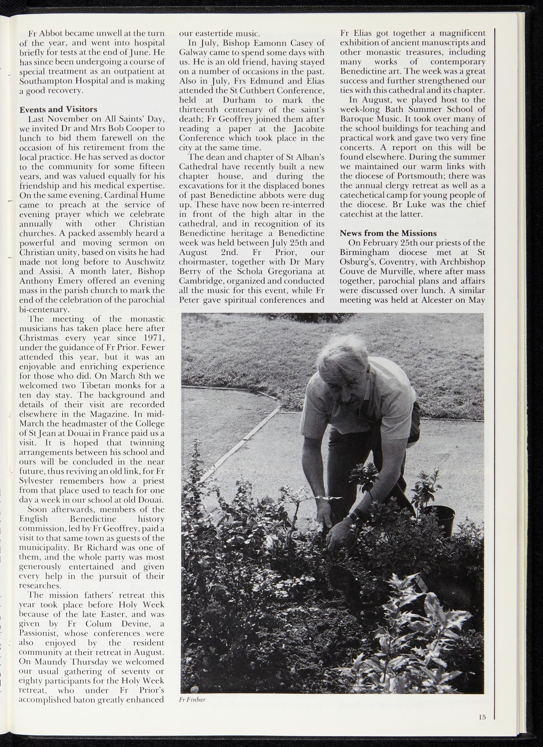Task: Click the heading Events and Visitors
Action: pos(58,109)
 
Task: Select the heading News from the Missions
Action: pos(388,233)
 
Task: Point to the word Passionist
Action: pos(37,633)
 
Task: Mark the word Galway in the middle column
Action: pos(193,53)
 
